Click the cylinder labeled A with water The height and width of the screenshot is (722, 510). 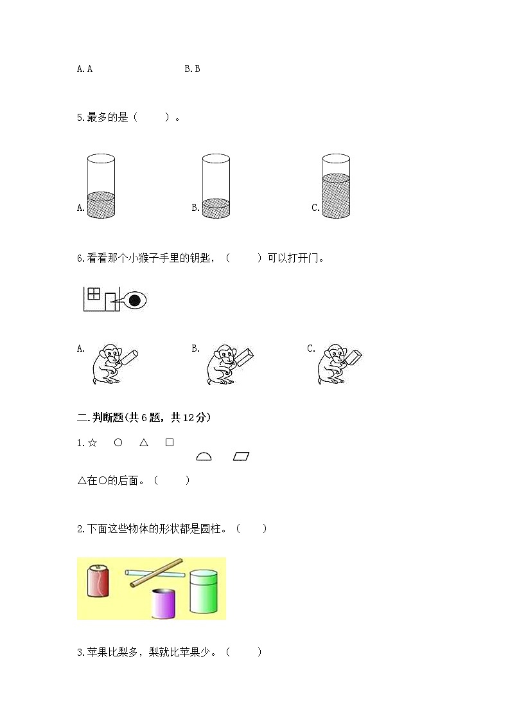pos(101,186)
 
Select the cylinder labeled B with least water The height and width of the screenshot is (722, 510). pos(216,186)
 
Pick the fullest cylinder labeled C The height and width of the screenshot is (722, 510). pos(336,186)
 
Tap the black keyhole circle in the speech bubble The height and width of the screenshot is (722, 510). pos(135,300)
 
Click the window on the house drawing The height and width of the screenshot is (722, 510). pos(94,294)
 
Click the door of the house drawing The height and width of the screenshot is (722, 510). pos(110,302)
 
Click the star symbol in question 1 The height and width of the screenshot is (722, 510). pos(92,442)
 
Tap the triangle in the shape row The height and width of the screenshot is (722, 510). pos(144,442)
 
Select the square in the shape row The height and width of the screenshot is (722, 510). pos(170,442)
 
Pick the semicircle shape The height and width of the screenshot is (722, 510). pos(204,457)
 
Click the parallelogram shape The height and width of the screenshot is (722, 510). pos(241,456)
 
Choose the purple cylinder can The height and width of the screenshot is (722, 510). pos(164,602)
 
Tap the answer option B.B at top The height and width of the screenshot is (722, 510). pos(192,69)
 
